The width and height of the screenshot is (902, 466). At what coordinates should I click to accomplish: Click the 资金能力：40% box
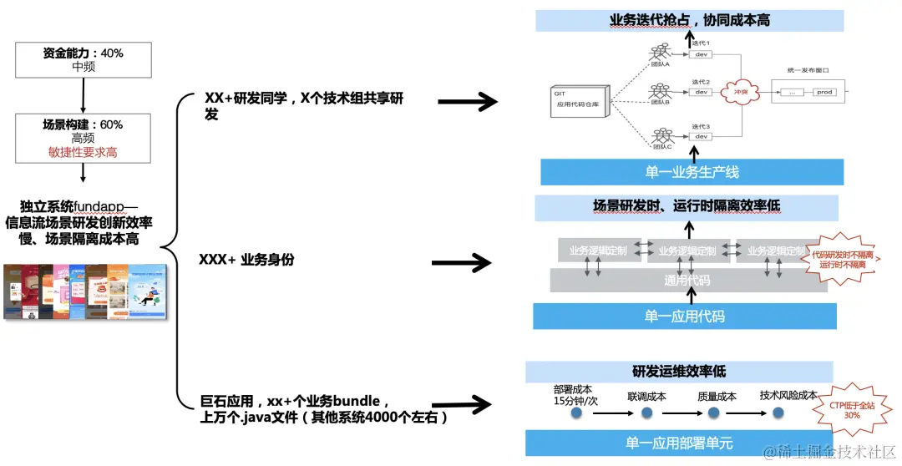pyautogui.click(x=83, y=59)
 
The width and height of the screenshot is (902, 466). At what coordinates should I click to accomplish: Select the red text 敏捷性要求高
pyautogui.click(x=83, y=152)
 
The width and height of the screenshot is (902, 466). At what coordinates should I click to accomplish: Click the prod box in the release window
pyautogui.click(x=824, y=92)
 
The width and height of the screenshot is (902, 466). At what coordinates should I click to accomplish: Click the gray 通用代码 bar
pyautogui.click(x=687, y=281)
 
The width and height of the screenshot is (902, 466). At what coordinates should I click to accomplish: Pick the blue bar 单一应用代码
pyautogui.click(x=684, y=317)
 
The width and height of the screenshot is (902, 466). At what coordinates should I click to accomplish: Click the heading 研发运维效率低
pyautogui.click(x=679, y=371)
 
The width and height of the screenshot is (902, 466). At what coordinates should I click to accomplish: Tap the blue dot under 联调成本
pyautogui.click(x=646, y=413)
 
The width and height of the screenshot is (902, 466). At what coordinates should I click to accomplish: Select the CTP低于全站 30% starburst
pyautogui.click(x=851, y=408)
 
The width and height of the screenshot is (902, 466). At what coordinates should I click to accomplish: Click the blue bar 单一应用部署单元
pyautogui.click(x=679, y=443)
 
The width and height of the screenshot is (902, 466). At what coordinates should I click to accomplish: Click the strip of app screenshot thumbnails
pyautogui.click(x=84, y=292)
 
